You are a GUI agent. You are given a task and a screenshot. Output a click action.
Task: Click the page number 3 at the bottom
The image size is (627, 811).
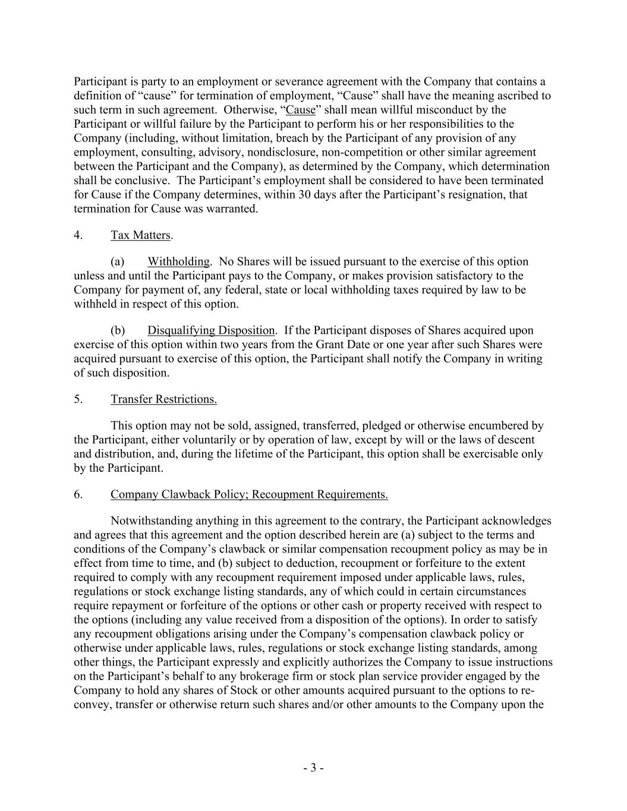pyautogui.click(x=313, y=768)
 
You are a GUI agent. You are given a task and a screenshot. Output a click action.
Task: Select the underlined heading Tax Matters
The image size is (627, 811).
pyautogui.click(x=141, y=235)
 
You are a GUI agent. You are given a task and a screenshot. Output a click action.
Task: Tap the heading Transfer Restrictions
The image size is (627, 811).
pyautogui.click(x=163, y=399)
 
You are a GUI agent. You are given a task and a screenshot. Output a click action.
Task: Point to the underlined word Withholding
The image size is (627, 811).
pyautogui.click(x=178, y=261)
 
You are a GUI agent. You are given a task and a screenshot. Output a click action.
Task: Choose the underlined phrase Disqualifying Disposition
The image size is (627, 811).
pyautogui.click(x=211, y=330)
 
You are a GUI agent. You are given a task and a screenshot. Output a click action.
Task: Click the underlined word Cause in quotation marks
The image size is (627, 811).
pyautogui.click(x=301, y=110)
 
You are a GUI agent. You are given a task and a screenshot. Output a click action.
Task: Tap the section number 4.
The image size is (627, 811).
pyautogui.click(x=78, y=235)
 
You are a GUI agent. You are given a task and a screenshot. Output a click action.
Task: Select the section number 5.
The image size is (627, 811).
pyautogui.click(x=78, y=399)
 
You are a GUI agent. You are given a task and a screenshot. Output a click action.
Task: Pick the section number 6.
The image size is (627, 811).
pyautogui.click(x=78, y=494)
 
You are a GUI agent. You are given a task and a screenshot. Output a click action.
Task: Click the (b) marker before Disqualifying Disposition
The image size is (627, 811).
pyautogui.click(x=118, y=330)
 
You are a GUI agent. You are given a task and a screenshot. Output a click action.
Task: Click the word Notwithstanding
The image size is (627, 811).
pyautogui.click(x=149, y=521)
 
